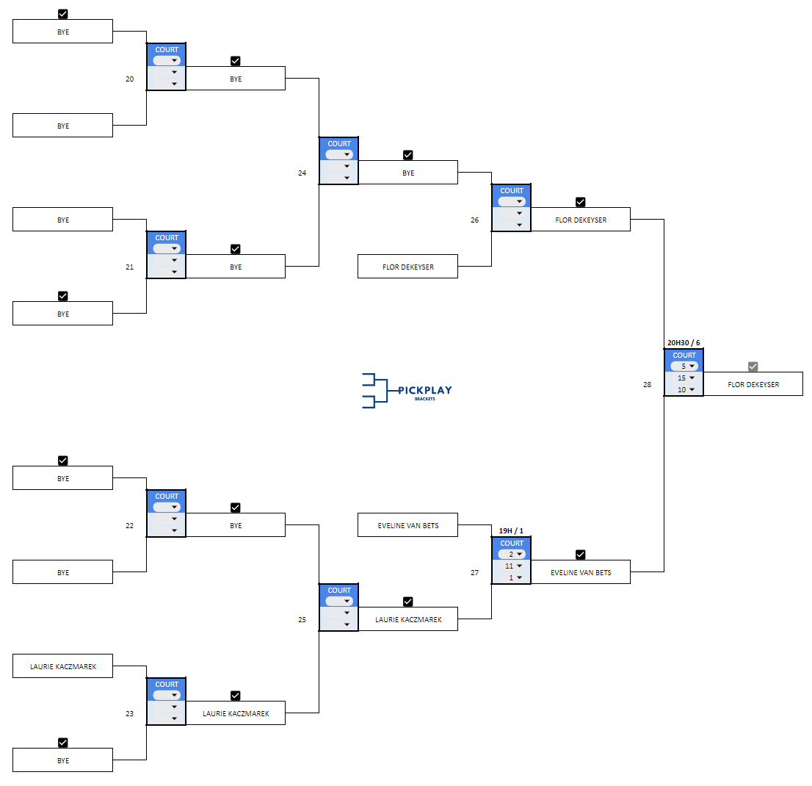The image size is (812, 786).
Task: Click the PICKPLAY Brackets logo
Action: pyautogui.click(x=407, y=390)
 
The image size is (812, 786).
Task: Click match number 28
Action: pyautogui.click(x=647, y=384)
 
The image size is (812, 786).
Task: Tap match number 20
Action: pyautogui.click(x=130, y=79)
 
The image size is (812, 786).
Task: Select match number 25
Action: pyautogui.click(x=302, y=619)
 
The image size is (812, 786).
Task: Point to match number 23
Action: pyautogui.click(x=130, y=713)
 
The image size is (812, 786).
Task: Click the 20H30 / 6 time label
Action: pyautogui.click(x=684, y=342)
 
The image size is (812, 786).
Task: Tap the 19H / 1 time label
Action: pyautogui.click(x=511, y=530)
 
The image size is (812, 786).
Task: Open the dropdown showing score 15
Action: pyautogui.click(x=684, y=378)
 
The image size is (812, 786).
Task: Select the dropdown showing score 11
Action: pyautogui.click(x=512, y=566)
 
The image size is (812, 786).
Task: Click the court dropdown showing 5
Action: pyautogui.click(x=684, y=366)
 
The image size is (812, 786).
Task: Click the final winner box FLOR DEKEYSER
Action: pyautogui.click(x=753, y=384)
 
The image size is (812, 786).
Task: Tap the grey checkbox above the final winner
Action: pyautogui.click(x=753, y=367)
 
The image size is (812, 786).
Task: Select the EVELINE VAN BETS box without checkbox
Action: pyautogui.click(x=407, y=525)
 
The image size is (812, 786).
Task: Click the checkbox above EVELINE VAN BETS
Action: pyautogui.click(x=580, y=555)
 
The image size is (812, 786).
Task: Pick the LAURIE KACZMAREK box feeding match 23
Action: pyautogui.click(x=62, y=667)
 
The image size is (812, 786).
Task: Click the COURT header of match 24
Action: pyautogui.click(x=339, y=144)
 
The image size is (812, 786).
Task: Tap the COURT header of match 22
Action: pyautogui.click(x=167, y=497)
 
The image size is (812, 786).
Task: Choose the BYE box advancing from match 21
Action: pyautogui.click(x=236, y=267)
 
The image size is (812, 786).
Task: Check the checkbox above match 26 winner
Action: pyautogui.click(x=580, y=202)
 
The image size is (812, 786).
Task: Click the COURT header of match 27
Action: pyautogui.click(x=512, y=544)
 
